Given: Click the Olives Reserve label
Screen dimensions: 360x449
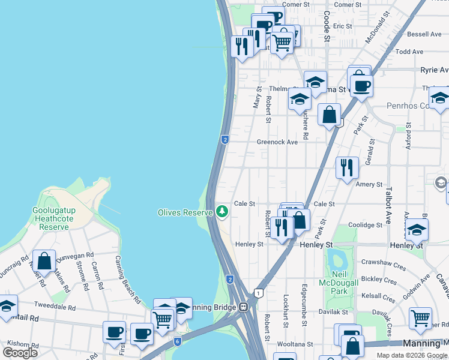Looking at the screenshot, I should (185, 212).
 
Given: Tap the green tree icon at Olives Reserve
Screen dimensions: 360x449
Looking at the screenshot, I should (222, 212).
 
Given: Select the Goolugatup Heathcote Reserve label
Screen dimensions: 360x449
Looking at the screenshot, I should (53, 219).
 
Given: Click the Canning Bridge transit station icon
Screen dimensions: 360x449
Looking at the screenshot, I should (243, 307).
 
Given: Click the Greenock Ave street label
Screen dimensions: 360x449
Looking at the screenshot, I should (277, 142).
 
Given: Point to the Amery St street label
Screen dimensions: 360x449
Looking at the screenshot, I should (369, 185).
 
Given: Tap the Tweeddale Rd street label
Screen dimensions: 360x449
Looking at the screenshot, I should (55, 307).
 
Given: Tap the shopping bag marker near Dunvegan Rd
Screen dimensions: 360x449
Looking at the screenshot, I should (44, 261).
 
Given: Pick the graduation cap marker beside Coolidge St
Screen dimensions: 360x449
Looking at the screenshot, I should (417, 230).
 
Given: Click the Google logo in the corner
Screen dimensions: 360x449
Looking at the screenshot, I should (20, 353).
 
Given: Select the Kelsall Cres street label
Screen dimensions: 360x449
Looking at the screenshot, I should (379, 297).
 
